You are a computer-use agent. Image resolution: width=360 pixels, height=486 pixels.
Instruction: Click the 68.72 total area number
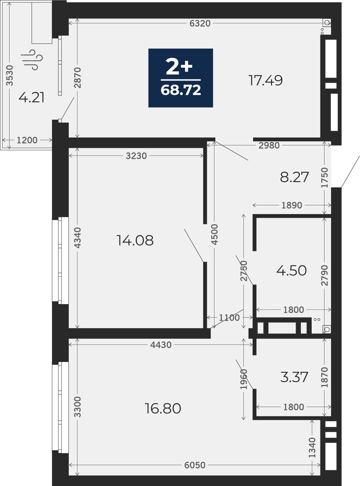tap(181, 90)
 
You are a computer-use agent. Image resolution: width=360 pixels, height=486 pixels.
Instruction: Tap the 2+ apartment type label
tap(179, 66)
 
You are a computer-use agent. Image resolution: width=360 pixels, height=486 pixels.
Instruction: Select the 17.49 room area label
tap(266, 80)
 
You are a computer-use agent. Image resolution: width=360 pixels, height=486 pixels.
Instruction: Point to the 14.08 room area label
tap(135, 240)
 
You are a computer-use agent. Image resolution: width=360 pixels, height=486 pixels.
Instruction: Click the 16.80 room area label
tap(163, 408)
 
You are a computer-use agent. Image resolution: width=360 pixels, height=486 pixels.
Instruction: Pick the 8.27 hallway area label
tap(294, 177)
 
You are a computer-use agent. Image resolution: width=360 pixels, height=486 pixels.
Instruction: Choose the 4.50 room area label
tap(292, 270)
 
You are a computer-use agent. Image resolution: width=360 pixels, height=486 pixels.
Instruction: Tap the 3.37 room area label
tap(294, 377)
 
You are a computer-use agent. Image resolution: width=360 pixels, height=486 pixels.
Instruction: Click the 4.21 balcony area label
tap(31, 97)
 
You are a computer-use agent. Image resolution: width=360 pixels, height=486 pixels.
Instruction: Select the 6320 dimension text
tap(200, 23)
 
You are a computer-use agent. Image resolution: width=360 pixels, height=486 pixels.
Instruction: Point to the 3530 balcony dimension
tap(10, 75)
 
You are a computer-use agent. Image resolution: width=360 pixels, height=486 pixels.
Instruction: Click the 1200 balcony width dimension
tap(27, 140)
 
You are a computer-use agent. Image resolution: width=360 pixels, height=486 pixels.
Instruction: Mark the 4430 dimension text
tap(161, 345)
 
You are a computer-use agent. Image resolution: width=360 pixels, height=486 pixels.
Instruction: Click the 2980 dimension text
tap(269, 146)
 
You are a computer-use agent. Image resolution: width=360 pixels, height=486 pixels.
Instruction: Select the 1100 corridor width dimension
tap(229, 318)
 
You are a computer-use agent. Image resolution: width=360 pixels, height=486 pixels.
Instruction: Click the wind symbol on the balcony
tap(32, 60)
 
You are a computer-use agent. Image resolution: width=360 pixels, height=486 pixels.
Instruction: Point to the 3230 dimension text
tap(136, 156)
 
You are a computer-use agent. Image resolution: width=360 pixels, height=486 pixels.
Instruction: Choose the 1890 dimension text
tap(292, 205)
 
